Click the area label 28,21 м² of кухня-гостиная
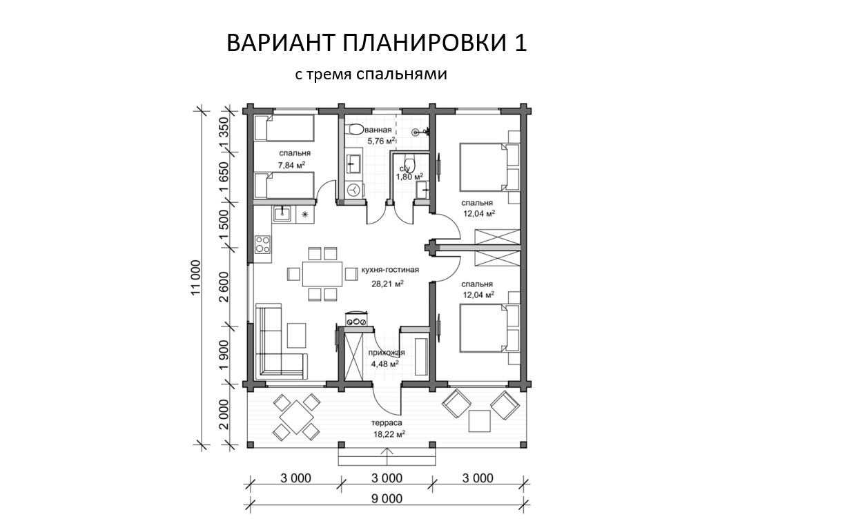pos(387,284)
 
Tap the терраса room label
pos(387,422)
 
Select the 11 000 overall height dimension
pos(196,278)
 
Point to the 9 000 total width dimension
pos(387,499)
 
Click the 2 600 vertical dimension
pos(224,287)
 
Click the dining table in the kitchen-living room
pos(322,274)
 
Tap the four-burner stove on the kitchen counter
pos(262,244)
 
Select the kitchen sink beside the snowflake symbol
pos(282,215)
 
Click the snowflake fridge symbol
pos(305,215)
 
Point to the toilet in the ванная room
pos(355,130)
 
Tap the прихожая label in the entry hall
pos(387,353)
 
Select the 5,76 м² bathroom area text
pos(382,141)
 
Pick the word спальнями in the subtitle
pos(402,74)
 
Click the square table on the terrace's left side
pos(296,418)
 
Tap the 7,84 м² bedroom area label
pos(291,165)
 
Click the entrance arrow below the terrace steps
pos(387,457)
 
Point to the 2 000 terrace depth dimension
pos(224,414)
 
